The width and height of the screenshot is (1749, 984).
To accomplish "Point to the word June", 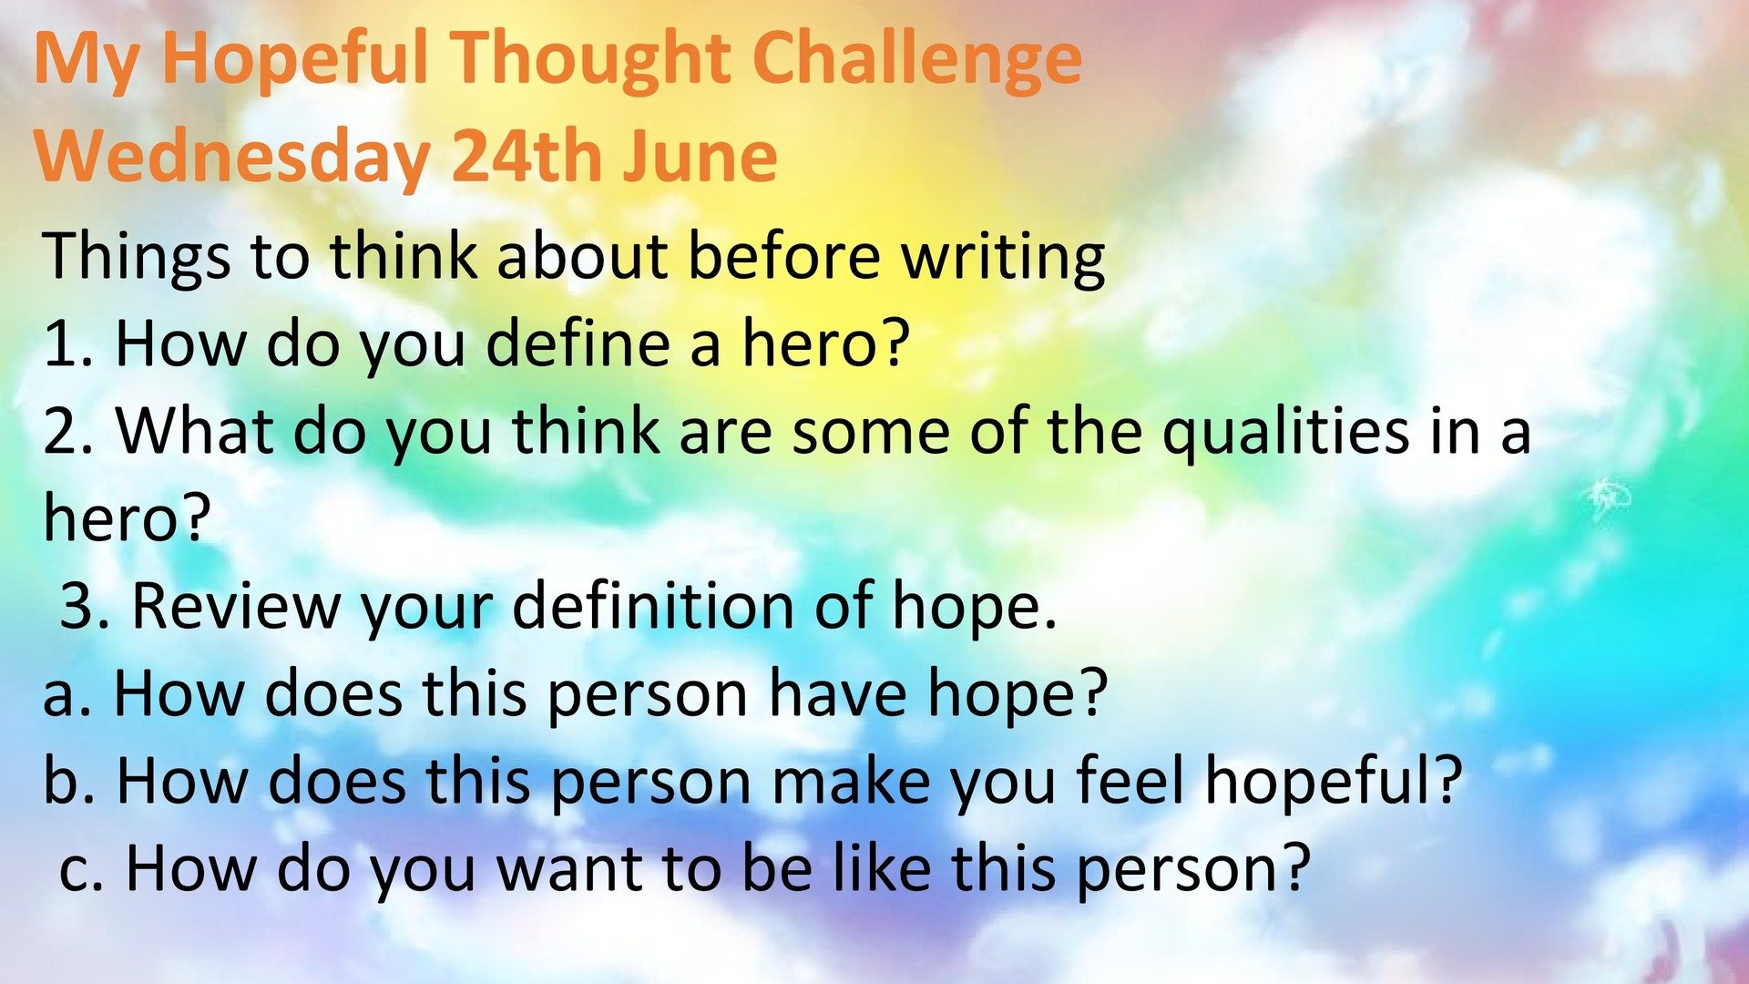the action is (x=701, y=157).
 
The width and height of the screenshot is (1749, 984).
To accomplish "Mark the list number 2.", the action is (x=69, y=432).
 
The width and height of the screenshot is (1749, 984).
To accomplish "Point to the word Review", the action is (x=235, y=607).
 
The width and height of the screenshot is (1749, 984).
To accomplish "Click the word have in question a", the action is (x=838, y=694).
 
